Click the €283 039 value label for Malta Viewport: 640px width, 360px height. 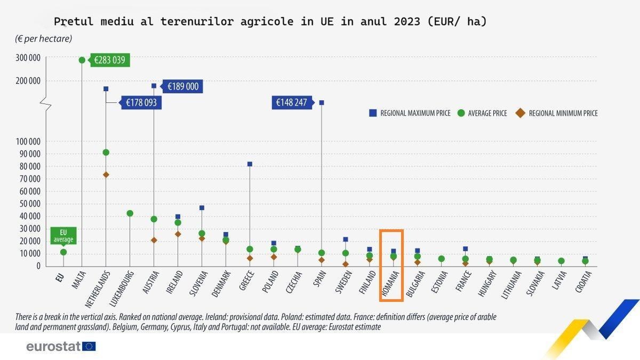(110, 60)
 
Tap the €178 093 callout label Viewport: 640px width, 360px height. (141, 102)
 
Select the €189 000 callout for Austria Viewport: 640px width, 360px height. (182, 86)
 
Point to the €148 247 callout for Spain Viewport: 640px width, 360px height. (291, 102)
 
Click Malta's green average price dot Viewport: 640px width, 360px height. (82, 60)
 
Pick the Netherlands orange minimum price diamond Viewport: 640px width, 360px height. (106, 175)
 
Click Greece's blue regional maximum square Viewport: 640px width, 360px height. (250, 164)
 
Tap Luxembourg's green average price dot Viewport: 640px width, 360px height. (130, 213)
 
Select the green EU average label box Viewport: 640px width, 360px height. (63, 236)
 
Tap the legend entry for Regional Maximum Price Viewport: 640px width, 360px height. (410, 113)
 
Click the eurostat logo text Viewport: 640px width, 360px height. (53, 347)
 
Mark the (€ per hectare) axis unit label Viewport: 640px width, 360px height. (43, 39)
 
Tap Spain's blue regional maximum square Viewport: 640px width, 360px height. (322, 102)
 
